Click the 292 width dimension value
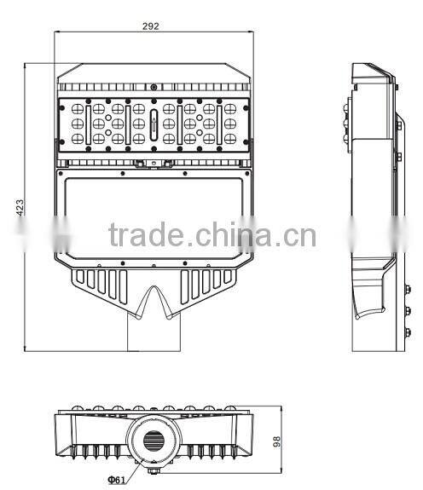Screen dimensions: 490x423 click(151, 26)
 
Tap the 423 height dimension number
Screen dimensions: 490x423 click(19, 206)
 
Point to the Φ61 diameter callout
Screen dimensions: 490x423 click(118, 479)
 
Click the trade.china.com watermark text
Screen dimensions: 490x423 click(212, 233)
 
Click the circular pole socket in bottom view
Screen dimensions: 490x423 click(154, 440)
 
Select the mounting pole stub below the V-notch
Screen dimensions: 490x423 click(154, 332)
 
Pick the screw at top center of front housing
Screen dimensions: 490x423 click(154, 86)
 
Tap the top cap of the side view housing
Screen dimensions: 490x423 click(373, 70)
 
